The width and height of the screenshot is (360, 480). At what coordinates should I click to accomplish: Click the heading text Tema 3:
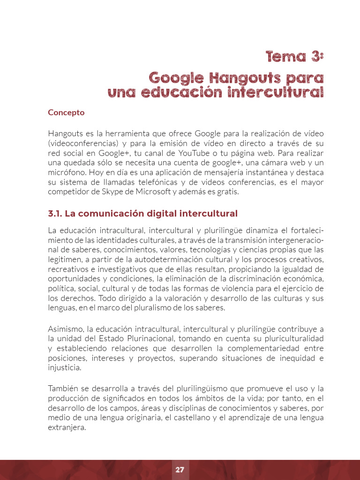(294, 57)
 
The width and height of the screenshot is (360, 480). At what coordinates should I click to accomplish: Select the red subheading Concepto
(66, 112)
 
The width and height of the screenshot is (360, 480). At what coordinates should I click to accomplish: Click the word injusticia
(65, 367)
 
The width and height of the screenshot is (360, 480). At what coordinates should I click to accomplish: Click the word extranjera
(67, 427)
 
